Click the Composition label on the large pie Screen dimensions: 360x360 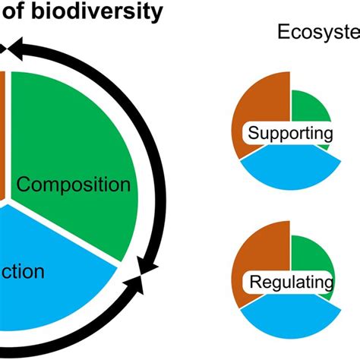pos(73,185)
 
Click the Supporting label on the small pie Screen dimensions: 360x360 pos(291,134)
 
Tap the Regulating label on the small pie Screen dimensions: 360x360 pos(291,283)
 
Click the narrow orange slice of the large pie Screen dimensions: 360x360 pos(3,137)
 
